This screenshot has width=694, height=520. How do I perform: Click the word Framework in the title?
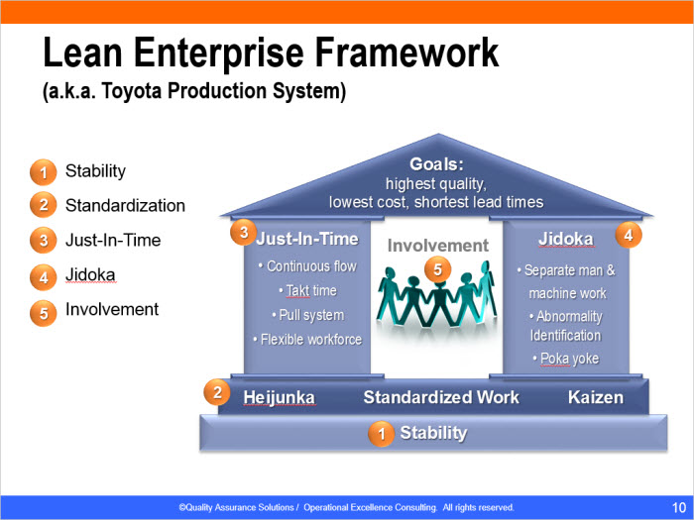tap(406, 52)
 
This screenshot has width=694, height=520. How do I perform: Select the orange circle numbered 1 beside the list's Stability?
tap(44, 172)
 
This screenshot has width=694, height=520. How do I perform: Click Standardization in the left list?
tap(125, 206)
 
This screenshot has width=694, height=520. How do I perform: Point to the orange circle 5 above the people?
tap(437, 269)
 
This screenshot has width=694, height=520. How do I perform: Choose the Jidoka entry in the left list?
tap(90, 275)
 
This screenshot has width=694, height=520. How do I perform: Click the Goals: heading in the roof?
tap(436, 164)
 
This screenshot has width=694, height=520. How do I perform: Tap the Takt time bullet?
tap(307, 290)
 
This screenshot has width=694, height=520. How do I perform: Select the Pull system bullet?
tap(308, 315)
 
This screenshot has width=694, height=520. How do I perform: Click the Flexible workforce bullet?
tap(307, 339)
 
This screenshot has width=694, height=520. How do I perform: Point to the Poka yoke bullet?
tap(566, 359)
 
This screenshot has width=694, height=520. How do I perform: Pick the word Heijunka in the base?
tap(279, 397)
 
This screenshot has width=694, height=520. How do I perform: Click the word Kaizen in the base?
tap(595, 397)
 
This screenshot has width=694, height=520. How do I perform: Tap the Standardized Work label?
tap(441, 397)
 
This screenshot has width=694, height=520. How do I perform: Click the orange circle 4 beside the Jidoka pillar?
tap(629, 235)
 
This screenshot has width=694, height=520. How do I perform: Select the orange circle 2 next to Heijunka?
tap(217, 392)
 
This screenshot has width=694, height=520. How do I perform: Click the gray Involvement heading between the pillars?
tap(438, 246)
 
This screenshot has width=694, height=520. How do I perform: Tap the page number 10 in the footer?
tap(679, 507)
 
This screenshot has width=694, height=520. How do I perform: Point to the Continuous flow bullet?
tap(307, 266)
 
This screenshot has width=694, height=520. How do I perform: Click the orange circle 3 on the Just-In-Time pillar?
tap(244, 232)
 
